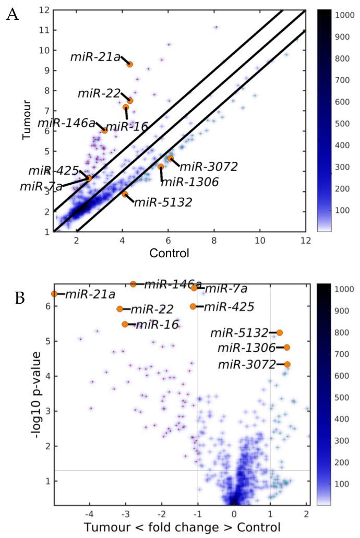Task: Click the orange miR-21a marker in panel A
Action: pyautogui.click(x=130, y=64)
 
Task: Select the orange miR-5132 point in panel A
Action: pyautogui.click(x=125, y=194)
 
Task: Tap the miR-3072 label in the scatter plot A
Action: pyautogui.click(x=209, y=167)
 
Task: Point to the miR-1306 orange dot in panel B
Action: pyautogui.click(x=287, y=348)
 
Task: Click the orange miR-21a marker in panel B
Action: pyautogui.click(x=54, y=294)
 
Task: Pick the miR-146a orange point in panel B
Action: pyautogui.click(x=133, y=284)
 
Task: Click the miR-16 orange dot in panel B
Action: pyautogui.click(x=125, y=324)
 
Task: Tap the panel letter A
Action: pyautogui.click(x=13, y=14)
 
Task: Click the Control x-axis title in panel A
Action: pyautogui.click(x=169, y=254)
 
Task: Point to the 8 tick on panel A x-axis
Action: pyautogui.click(x=214, y=241)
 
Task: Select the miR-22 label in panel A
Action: pyautogui.click(x=99, y=93)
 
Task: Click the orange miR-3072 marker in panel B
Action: pyautogui.click(x=287, y=364)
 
